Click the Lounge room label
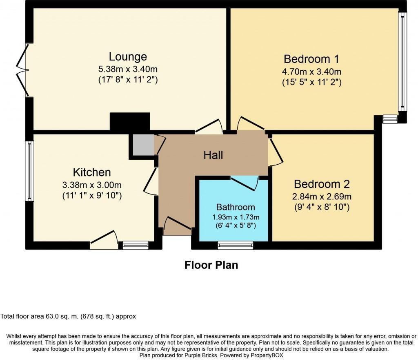click(128, 56)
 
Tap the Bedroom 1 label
click(311, 58)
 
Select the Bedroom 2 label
click(322, 184)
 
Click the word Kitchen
click(92, 172)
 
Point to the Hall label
click(213, 155)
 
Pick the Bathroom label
click(236, 207)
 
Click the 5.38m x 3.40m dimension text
click(128, 68)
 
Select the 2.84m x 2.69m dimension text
click(322, 196)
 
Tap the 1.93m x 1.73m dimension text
click(236, 216)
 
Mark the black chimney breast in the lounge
click(130, 122)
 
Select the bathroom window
click(235, 245)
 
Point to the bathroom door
click(245, 183)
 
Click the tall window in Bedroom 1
click(402, 61)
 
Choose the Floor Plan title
click(211, 265)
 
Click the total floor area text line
click(68, 316)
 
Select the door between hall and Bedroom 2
click(275, 151)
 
